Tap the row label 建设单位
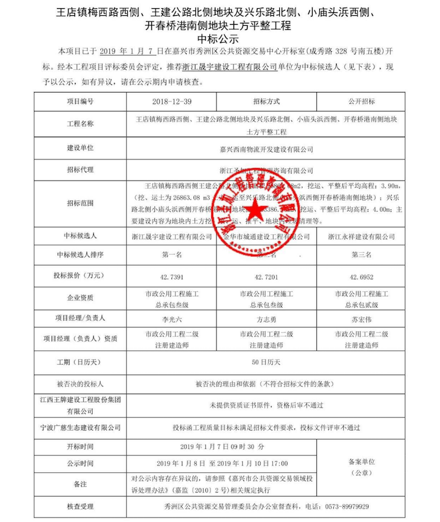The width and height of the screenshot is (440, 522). (x=80, y=149)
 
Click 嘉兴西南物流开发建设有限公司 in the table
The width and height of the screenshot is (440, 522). (x=266, y=150)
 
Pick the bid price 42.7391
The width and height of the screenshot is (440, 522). (x=172, y=276)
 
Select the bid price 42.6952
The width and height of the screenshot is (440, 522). (x=361, y=276)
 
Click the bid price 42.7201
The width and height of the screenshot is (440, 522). (x=266, y=276)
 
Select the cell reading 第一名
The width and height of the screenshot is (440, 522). (x=172, y=255)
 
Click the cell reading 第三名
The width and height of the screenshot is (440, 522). (x=361, y=255)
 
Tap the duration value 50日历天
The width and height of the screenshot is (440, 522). (x=266, y=363)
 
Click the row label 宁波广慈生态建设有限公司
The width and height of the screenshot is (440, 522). (x=80, y=428)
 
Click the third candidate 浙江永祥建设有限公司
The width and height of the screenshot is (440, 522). (x=361, y=236)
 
